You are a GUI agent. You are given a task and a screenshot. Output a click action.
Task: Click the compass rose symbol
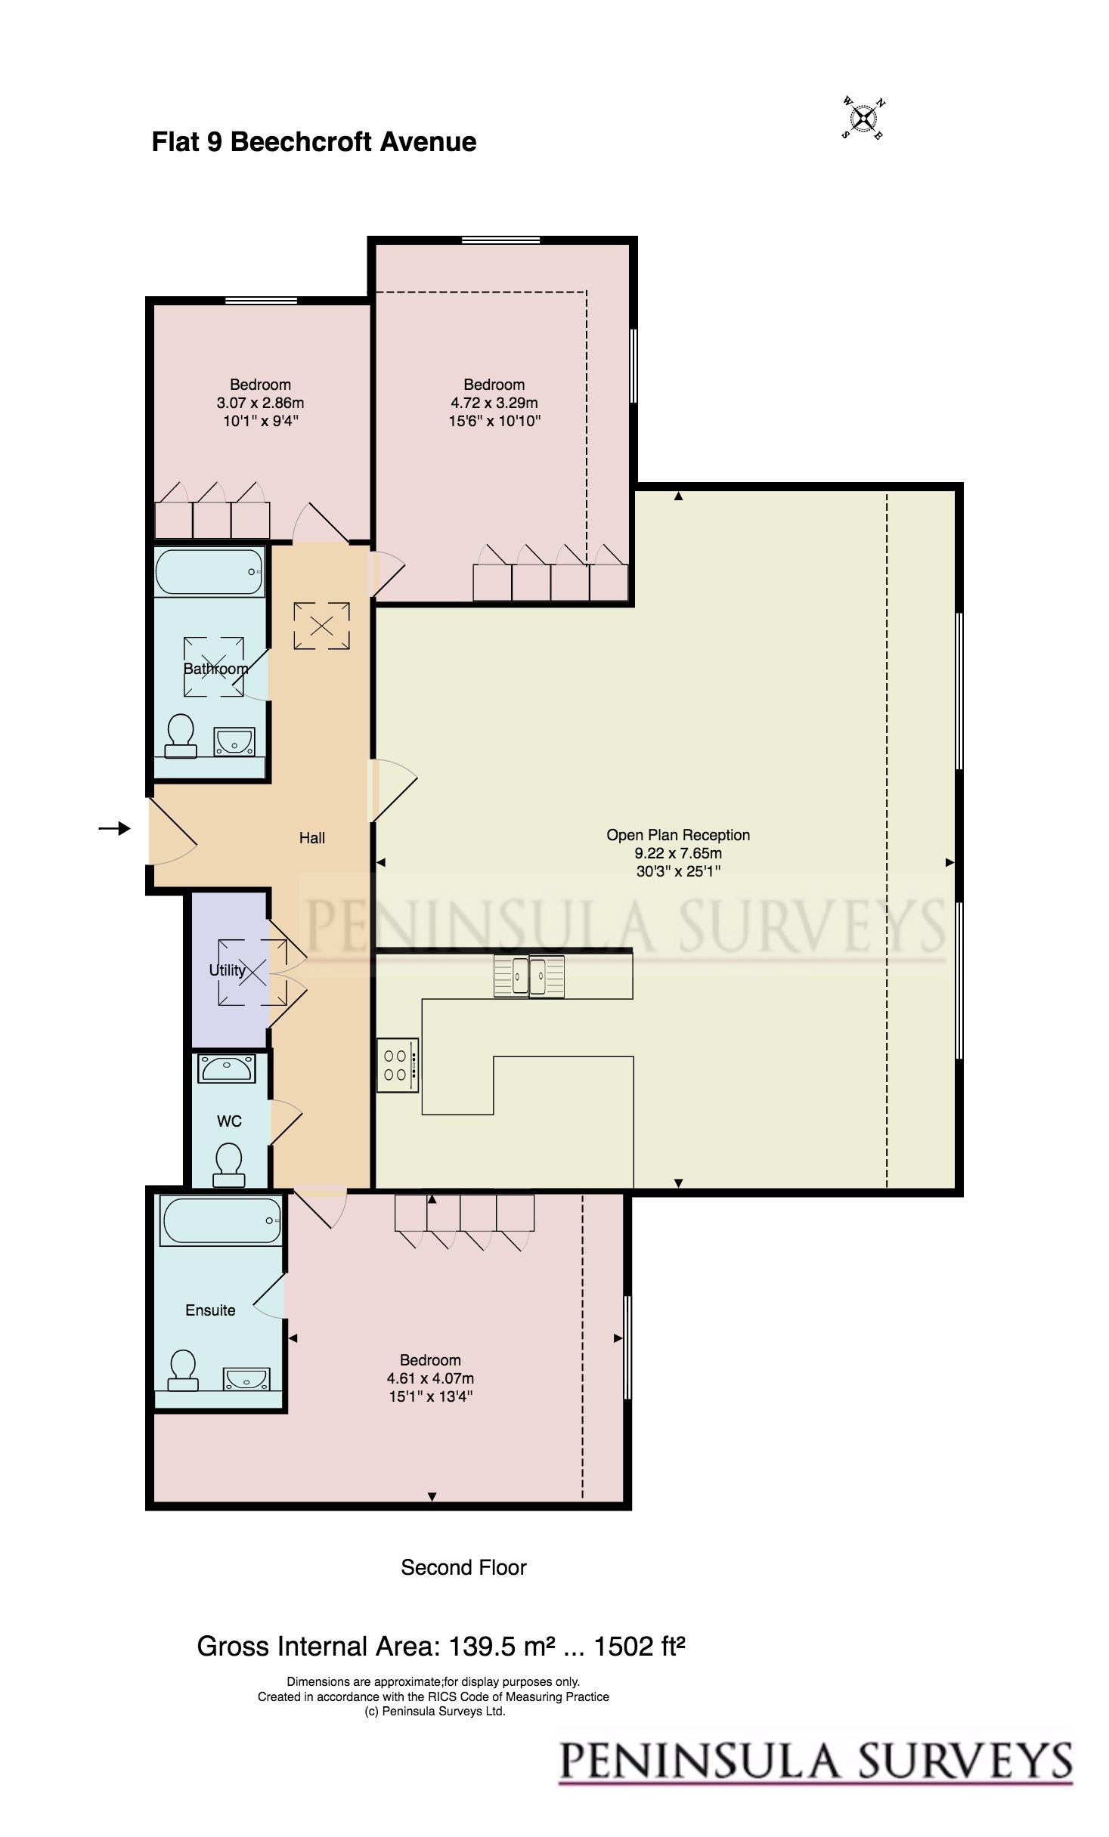point(863,118)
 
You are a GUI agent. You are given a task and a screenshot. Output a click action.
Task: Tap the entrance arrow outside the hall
point(114,829)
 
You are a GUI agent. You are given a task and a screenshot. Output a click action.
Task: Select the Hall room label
point(312,837)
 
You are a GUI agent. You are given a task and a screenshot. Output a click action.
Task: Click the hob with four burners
point(398,1065)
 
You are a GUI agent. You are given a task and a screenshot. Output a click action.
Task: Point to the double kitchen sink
point(529,976)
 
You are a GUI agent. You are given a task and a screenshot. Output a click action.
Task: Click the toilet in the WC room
point(229,1164)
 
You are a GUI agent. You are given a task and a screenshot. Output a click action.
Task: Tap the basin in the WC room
point(227,1068)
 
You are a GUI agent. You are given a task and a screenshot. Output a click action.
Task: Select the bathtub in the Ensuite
point(221,1221)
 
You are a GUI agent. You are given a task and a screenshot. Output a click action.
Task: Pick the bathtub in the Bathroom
point(209,572)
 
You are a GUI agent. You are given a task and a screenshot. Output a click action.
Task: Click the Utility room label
point(227,970)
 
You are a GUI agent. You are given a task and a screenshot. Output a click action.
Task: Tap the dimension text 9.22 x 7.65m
point(678,853)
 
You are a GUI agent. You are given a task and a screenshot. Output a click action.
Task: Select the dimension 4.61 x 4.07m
point(430,1378)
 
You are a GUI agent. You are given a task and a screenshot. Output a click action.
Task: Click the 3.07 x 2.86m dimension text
point(260,403)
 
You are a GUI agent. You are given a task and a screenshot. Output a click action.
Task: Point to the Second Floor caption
point(463,1568)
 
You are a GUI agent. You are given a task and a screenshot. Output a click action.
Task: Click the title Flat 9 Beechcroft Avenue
point(314,142)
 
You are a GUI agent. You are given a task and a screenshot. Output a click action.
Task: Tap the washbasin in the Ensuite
point(246,1379)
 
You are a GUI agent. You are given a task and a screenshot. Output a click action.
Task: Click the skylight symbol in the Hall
point(322,626)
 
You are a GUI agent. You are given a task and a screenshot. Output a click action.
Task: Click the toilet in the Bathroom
point(181,735)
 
